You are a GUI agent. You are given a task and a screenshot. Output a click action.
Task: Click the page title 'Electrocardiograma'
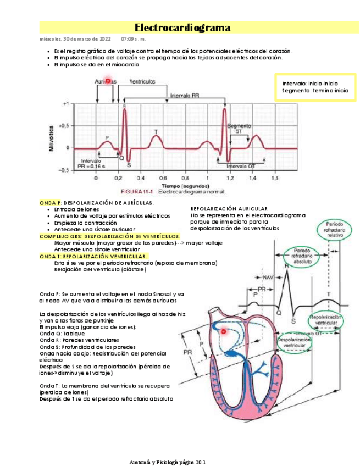182,28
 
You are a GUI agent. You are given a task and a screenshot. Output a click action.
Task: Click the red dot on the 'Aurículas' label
108,81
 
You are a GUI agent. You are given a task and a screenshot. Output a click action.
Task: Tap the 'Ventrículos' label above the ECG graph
142,81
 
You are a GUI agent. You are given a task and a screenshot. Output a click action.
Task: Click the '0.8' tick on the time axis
185,179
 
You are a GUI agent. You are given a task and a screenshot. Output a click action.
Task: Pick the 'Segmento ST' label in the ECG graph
239,129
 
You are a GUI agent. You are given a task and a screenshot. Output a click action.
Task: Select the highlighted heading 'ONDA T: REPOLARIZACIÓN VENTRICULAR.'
93,256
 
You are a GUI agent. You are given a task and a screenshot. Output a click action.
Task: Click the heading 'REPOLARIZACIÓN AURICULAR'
229,209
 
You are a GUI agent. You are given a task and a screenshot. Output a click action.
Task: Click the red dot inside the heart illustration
224,331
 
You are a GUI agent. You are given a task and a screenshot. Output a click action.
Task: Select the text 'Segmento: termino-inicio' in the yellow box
315,90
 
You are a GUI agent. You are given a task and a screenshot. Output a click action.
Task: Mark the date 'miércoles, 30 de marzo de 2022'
75,39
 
